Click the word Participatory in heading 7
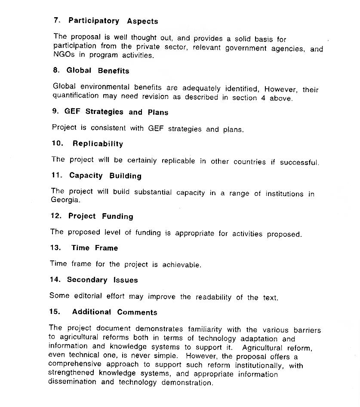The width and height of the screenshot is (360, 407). tap(94, 21)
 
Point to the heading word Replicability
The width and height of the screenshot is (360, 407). tap(98, 144)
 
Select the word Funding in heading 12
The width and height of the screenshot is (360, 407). tap(117, 217)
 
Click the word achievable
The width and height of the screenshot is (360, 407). tap(182, 265)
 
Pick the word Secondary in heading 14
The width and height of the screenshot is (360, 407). tap(87, 280)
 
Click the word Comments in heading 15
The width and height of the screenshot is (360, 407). tap(137, 312)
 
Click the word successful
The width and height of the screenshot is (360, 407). tap(299, 162)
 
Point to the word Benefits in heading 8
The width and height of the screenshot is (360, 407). tap(114, 71)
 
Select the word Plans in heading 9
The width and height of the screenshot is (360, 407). tap(158, 113)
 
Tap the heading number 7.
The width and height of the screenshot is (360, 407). tap(56, 21)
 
